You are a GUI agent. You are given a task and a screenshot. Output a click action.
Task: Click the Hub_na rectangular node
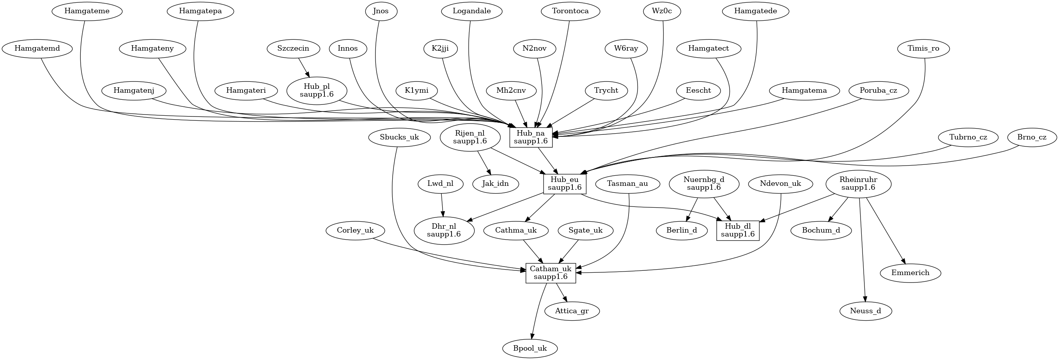(531, 137)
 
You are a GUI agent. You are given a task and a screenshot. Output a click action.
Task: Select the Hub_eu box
(565, 184)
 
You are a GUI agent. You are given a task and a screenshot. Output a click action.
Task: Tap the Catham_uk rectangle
(551, 273)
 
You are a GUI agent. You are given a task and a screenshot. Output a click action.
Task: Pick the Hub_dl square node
(738, 231)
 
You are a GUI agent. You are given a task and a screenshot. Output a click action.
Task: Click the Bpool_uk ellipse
(530, 348)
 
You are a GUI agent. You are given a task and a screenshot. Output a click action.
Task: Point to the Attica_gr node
(572, 311)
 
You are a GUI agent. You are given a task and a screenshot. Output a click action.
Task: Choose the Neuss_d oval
(865, 311)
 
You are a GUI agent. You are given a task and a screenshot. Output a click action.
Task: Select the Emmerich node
(910, 272)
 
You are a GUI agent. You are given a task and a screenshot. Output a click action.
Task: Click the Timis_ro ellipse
(923, 48)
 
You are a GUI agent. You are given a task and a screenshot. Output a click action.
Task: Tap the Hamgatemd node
(37, 48)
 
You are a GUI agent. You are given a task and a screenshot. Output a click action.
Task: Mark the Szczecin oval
(293, 48)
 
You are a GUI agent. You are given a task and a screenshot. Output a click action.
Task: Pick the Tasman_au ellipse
(627, 183)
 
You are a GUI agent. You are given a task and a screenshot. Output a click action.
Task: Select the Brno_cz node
(1032, 137)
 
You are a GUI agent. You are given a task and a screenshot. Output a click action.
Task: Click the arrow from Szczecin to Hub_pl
(303, 67)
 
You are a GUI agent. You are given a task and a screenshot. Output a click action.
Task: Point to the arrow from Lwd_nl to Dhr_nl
(442, 205)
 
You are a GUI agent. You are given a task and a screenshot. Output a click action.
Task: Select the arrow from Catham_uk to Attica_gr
(561, 292)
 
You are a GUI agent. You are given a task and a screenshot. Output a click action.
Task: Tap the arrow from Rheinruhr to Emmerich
(885, 231)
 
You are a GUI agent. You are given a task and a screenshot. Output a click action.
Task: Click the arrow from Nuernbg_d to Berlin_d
(691, 210)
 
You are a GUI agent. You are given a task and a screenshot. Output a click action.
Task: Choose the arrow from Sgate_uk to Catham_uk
(568, 251)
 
